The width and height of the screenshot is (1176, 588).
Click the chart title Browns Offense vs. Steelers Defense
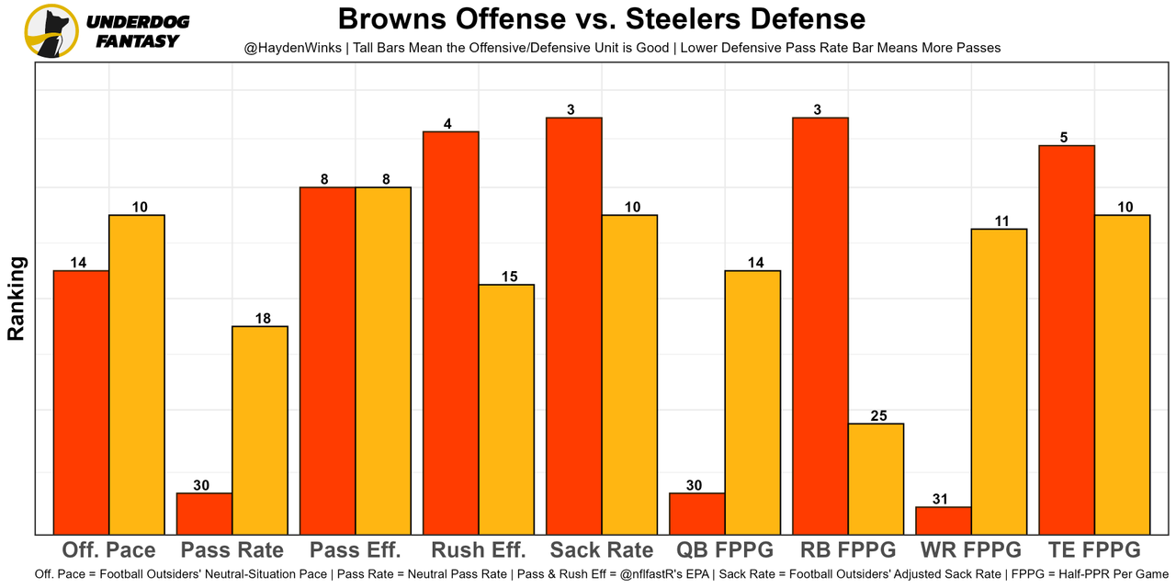tap(602, 18)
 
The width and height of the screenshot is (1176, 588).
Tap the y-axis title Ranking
tap(16, 299)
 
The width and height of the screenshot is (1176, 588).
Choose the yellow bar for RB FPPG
tap(876, 479)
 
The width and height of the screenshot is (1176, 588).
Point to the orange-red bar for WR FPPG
tap(944, 520)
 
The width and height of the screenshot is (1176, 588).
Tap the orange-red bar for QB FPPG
tap(696, 514)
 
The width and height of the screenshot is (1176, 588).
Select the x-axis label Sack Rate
tap(602, 550)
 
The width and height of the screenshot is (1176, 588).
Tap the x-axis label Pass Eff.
tap(355, 550)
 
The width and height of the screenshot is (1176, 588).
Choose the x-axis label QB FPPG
tap(725, 550)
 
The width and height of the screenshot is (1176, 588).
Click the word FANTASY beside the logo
tap(138, 41)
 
